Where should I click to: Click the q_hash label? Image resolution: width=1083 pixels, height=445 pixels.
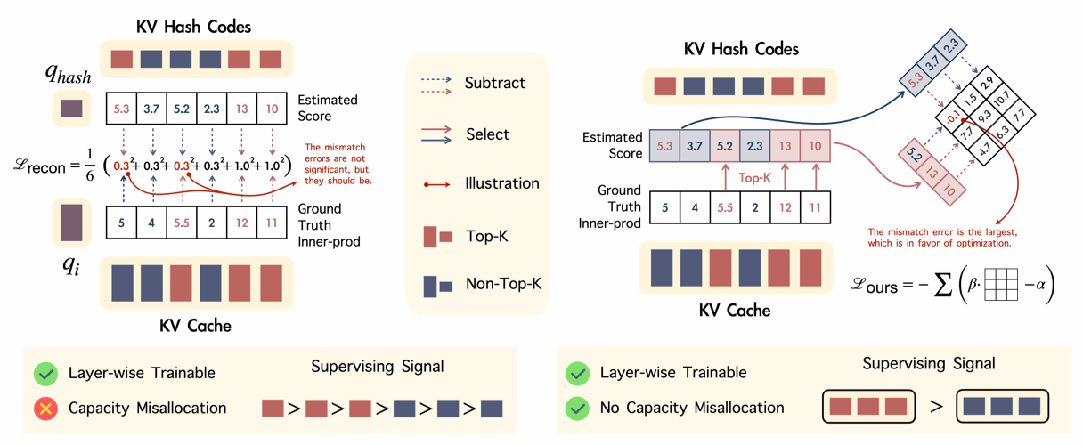click(69, 75)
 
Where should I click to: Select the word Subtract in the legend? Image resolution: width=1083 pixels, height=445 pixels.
click(494, 83)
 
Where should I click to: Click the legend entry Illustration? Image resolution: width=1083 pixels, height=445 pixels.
click(502, 183)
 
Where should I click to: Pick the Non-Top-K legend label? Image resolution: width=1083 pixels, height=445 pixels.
click(503, 285)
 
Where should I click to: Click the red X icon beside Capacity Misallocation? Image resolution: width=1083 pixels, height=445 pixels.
click(45, 408)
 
